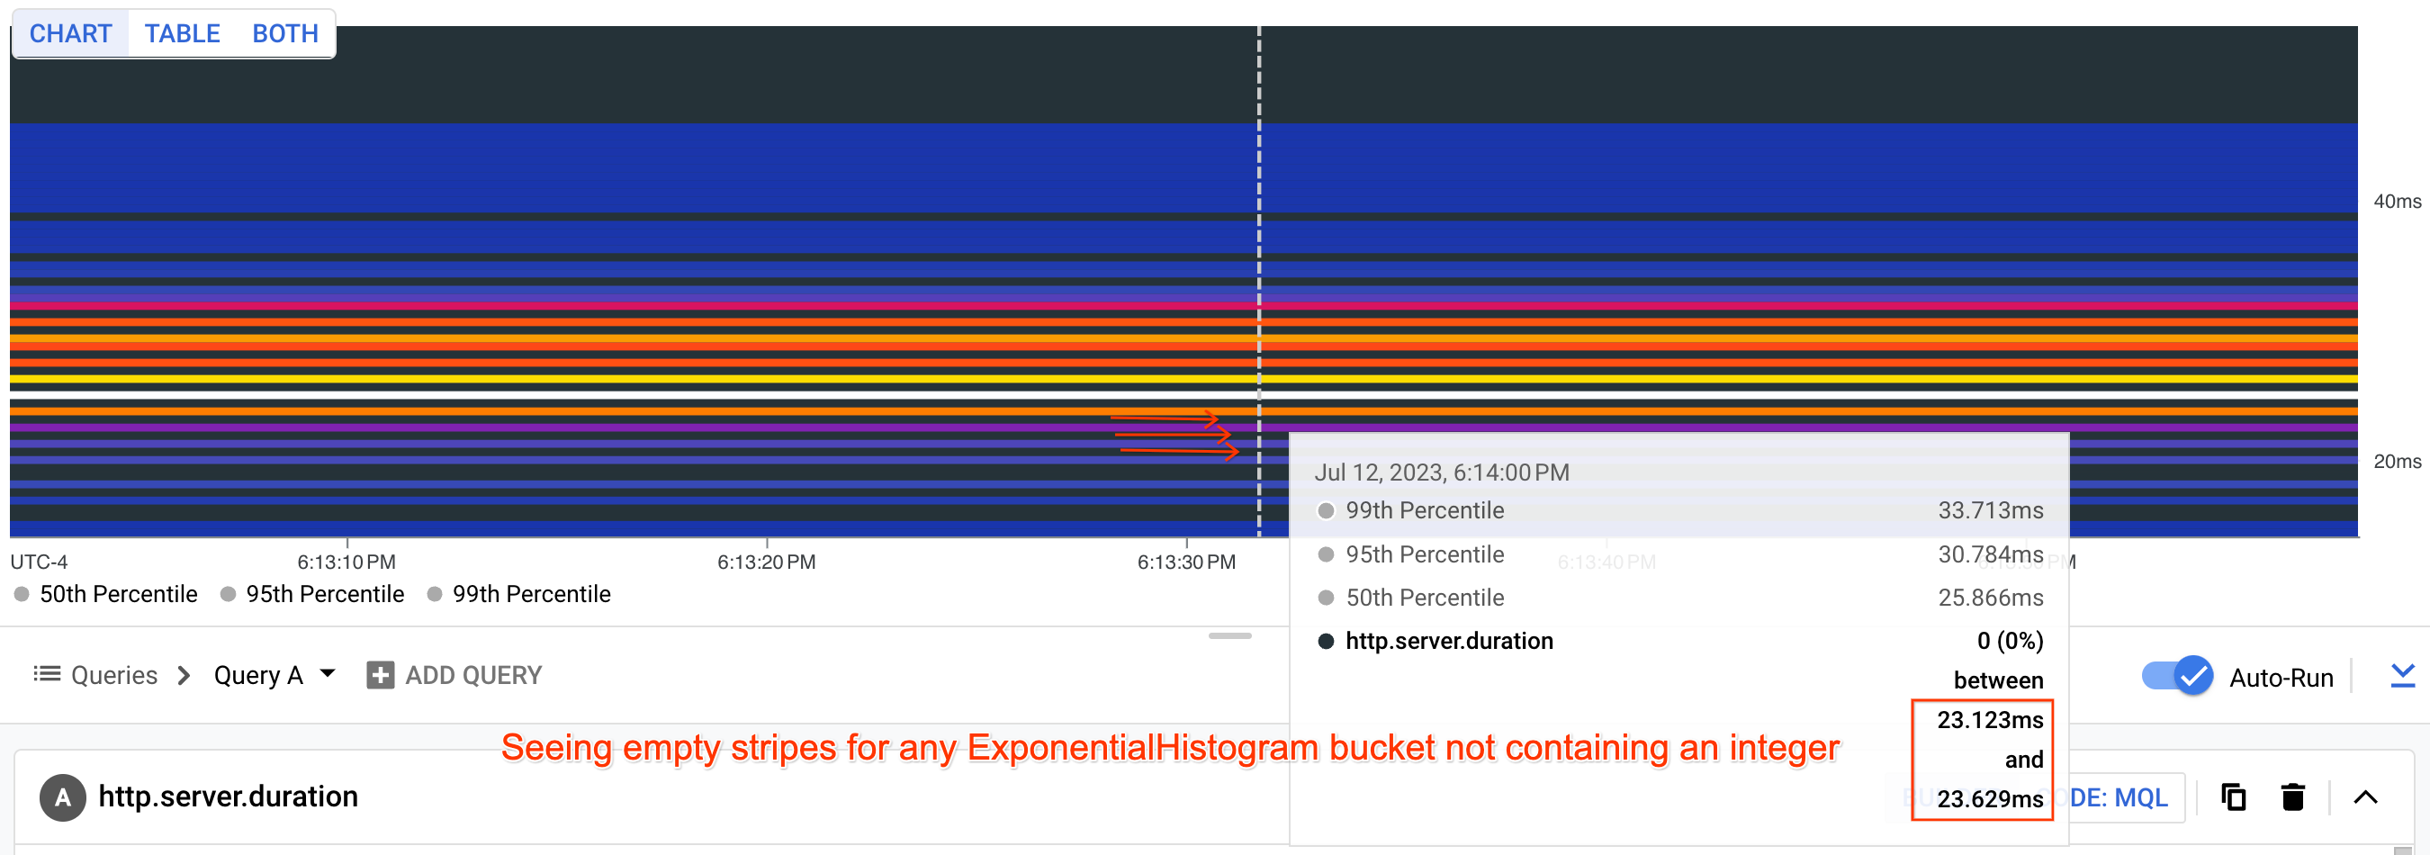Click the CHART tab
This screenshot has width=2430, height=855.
[x=71, y=34]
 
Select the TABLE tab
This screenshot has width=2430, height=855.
[x=182, y=34]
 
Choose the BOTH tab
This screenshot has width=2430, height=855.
[x=285, y=34]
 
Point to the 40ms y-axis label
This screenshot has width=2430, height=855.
[x=2396, y=201]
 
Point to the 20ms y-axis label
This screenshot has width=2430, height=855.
[x=2396, y=462]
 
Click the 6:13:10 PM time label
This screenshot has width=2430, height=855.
[x=346, y=562]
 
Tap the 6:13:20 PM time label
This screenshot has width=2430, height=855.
[x=766, y=562]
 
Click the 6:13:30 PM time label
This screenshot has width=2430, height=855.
[x=1186, y=562]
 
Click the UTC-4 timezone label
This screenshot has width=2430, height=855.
[x=39, y=562]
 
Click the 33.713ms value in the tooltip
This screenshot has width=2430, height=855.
[x=1991, y=510]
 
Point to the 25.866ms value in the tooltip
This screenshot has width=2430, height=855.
[x=1991, y=598]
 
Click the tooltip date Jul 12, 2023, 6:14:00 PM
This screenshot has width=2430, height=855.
[x=1442, y=472]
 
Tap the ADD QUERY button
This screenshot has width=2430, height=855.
[x=454, y=676]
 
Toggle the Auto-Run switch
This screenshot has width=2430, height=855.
[x=2177, y=677]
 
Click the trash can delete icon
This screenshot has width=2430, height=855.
[x=2293, y=797]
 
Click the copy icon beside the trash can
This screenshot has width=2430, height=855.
[x=2233, y=797]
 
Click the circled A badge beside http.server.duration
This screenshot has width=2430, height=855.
[x=62, y=797]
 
